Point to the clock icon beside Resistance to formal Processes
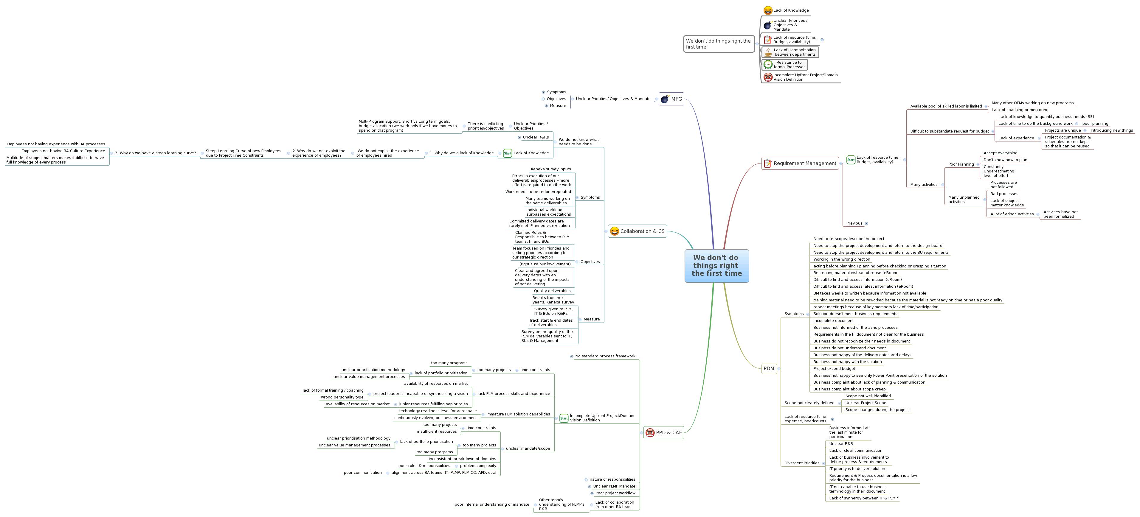coord(768,65)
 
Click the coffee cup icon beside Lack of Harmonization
coord(768,52)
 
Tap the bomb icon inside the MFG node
coord(665,99)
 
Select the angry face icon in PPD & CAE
coord(650,432)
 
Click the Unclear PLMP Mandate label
coord(614,486)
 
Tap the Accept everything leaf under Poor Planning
coord(1000,153)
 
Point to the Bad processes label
coord(1004,194)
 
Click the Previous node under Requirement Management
coord(854,223)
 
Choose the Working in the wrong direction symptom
coord(841,259)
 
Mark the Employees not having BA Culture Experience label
coord(63,151)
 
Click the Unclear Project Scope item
coord(865,403)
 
